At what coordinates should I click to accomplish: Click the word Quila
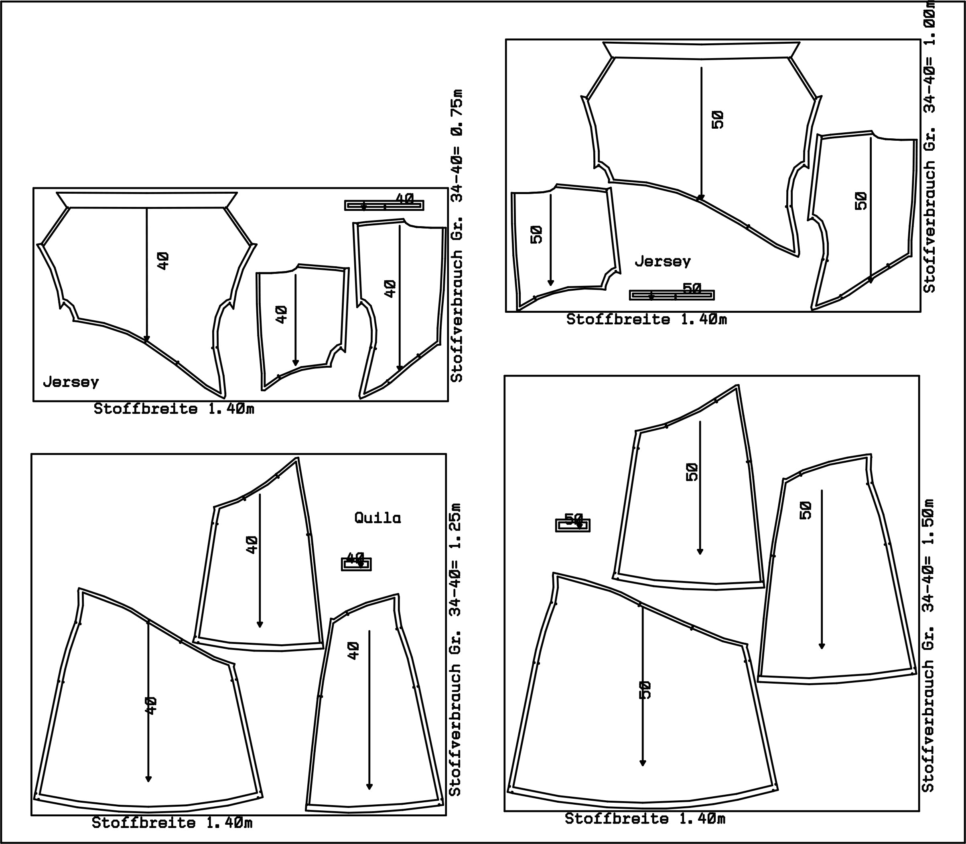[377, 518]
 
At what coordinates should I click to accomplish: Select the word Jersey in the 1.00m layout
[663, 261]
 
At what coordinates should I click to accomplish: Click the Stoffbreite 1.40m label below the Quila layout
[172, 822]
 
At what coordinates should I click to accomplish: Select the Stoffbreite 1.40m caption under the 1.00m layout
[647, 319]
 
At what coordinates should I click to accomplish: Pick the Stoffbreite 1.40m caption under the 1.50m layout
[645, 819]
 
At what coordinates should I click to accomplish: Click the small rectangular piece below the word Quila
[357, 564]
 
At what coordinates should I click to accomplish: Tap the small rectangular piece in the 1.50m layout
[573, 525]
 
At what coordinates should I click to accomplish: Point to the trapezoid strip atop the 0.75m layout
[146, 200]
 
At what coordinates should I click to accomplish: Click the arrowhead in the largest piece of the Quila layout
[148, 779]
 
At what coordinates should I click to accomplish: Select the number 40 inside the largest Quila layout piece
[151, 706]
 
